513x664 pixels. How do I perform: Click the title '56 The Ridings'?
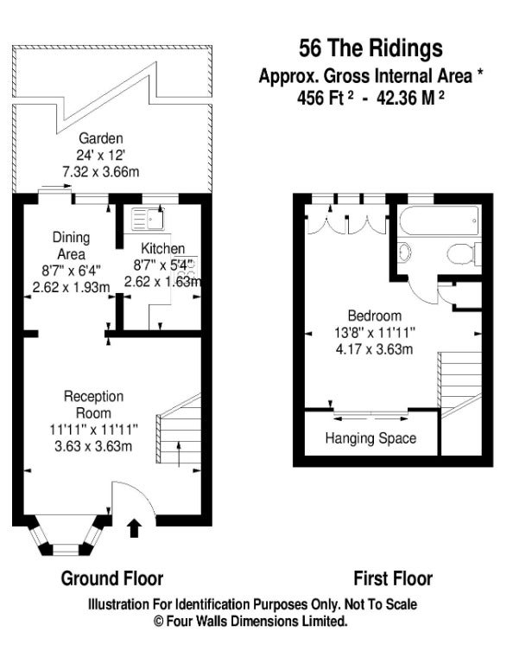click(x=370, y=48)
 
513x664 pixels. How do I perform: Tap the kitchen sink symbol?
click(x=147, y=219)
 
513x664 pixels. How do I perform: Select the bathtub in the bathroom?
click(x=440, y=220)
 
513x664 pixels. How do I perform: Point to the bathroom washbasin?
click(x=405, y=252)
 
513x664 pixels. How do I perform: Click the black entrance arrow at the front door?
click(x=134, y=527)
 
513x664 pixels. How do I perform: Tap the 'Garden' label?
click(x=101, y=138)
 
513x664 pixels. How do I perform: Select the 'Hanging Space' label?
click(x=370, y=437)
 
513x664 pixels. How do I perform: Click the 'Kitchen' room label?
click(x=163, y=248)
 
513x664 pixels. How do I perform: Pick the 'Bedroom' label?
click(x=374, y=316)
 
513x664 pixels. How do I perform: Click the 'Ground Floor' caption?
click(x=112, y=578)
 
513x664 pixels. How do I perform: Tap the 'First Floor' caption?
click(x=393, y=578)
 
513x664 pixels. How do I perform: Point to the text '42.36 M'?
click(x=406, y=99)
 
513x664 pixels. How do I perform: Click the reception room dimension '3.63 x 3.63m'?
click(x=93, y=446)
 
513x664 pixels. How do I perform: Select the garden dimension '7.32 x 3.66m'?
click(x=101, y=172)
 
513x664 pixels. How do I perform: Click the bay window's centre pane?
click(x=66, y=549)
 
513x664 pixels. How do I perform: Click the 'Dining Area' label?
click(x=71, y=246)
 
